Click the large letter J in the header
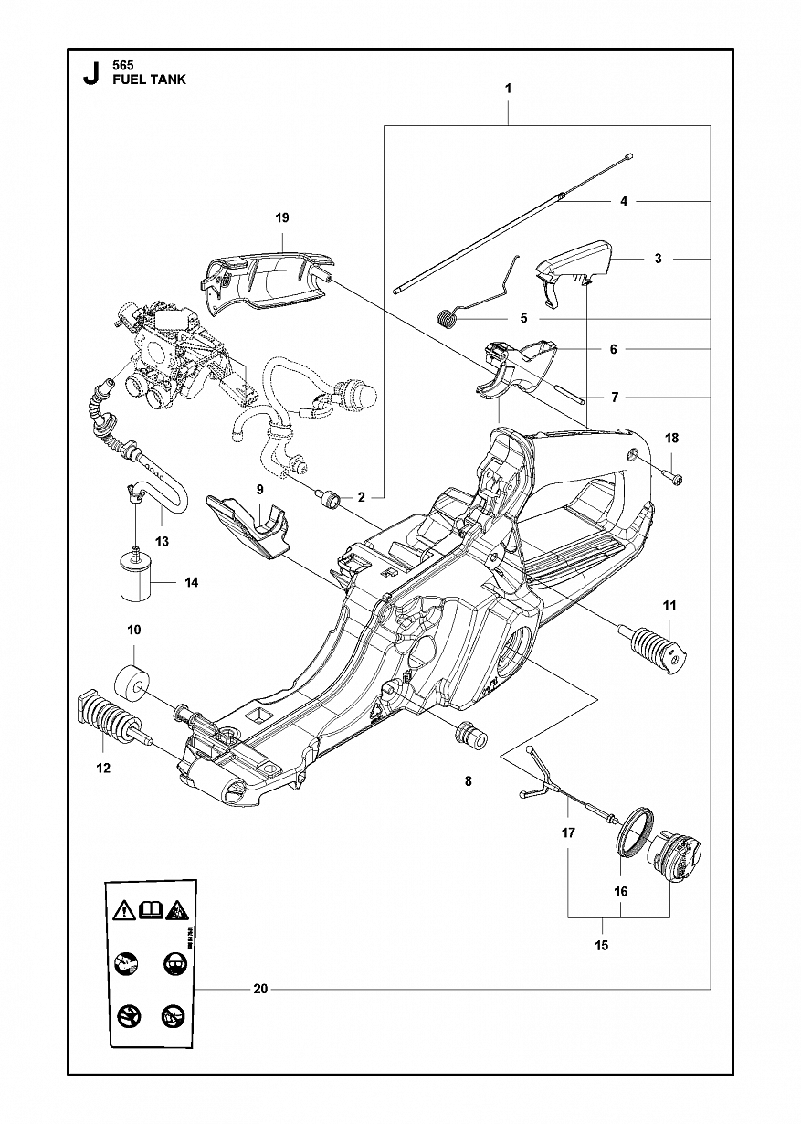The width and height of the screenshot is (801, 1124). (x=90, y=74)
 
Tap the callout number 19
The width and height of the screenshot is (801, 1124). (x=282, y=217)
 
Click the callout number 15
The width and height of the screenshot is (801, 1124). (x=601, y=946)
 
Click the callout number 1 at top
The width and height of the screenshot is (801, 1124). (x=509, y=89)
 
